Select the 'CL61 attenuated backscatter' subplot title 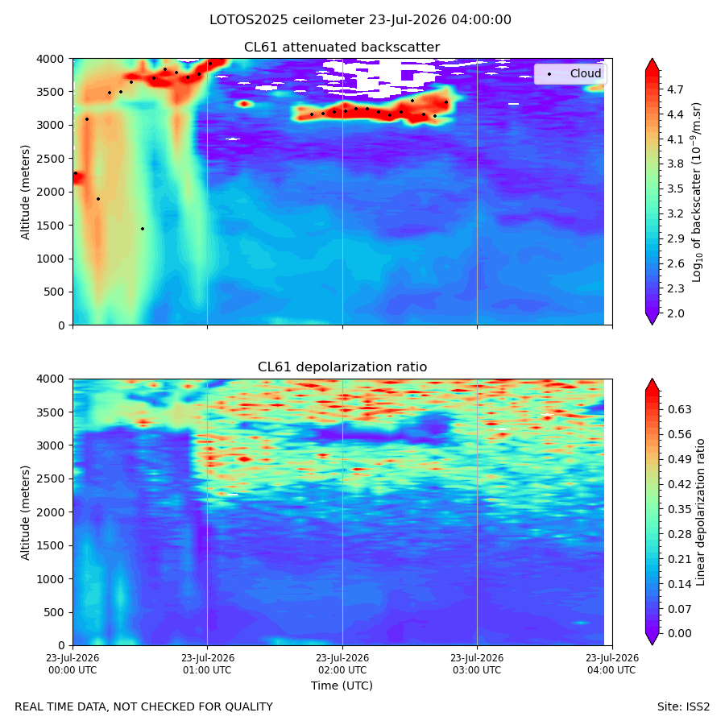[342, 48]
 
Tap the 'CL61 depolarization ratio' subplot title [342, 367]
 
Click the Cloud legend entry [574, 73]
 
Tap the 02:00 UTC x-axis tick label [342, 664]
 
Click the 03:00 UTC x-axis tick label [477, 664]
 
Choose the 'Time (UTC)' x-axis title [342, 686]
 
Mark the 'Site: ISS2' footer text [683, 706]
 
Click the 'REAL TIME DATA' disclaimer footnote [144, 706]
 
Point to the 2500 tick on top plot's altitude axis [51, 159]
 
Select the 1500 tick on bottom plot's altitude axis [51, 545]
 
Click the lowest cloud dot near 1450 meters [143, 229]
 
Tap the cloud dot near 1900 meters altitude [98, 199]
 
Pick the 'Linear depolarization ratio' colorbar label [701, 512]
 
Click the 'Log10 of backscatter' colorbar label [697, 192]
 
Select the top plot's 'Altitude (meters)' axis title [25, 192]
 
